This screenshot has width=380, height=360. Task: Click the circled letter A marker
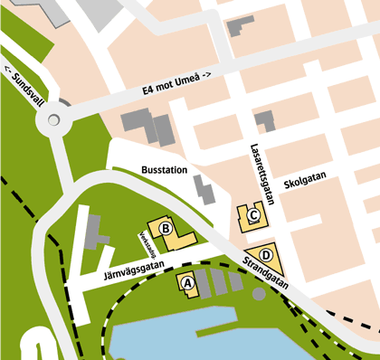(188, 282)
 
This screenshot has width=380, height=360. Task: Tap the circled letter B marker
(166, 229)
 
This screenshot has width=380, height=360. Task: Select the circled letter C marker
(254, 215)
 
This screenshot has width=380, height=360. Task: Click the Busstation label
(165, 170)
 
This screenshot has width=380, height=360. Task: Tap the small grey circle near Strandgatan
(260, 293)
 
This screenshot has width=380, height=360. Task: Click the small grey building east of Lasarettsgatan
(264, 118)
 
